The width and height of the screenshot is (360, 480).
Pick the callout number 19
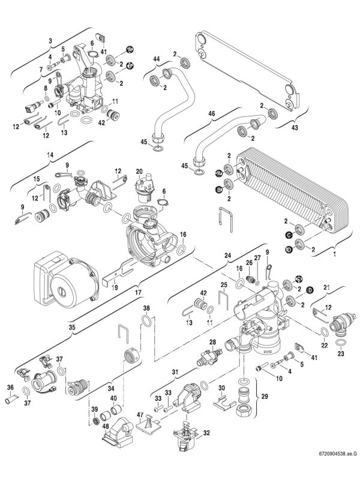114,287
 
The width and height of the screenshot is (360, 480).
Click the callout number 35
72,328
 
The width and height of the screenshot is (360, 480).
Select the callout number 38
145,309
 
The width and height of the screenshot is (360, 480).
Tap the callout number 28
212,341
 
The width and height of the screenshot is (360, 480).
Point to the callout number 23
341,353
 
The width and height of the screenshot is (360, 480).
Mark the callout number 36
10,387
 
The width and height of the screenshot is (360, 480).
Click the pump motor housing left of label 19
60,276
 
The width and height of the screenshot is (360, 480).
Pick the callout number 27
256,258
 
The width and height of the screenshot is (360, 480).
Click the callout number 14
51,154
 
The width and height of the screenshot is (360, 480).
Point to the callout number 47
140,415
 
